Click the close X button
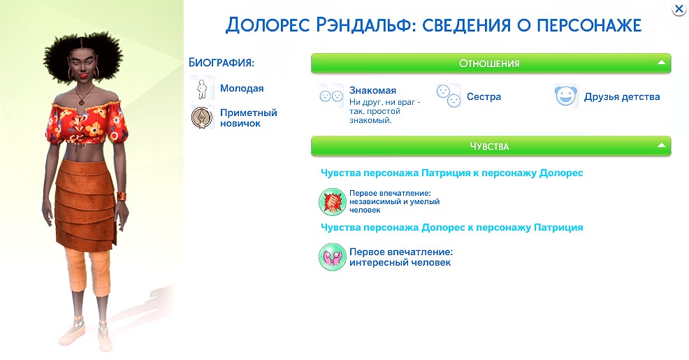(679, 9)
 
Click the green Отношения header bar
(491, 64)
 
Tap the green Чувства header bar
(491, 146)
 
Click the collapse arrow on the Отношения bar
(661, 63)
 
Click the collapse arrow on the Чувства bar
(661, 145)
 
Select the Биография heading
(222, 62)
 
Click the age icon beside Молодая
(202, 89)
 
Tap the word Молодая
(242, 88)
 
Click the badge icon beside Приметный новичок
(202, 117)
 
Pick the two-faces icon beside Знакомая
(331, 95)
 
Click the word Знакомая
(372, 90)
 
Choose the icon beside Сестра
(449, 96)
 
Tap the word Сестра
(484, 96)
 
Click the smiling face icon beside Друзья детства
(565, 96)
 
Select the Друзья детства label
(622, 96)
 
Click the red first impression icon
(332, 201)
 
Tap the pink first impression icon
(332, 257)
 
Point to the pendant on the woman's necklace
(81, 101)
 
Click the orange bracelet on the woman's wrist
(122, 196)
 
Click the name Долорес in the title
(268, 25)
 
